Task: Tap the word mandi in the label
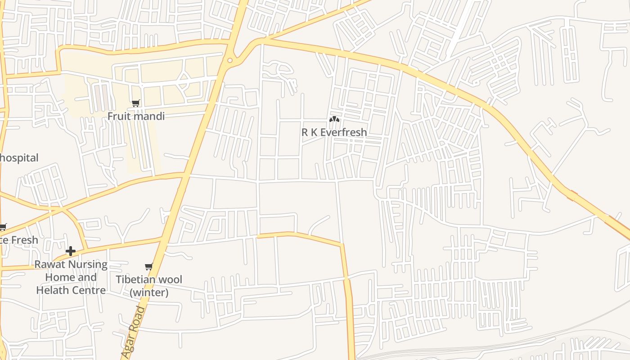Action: [x=149, y=116]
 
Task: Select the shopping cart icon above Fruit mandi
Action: [x=135, y=103]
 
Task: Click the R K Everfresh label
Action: [x=334, y=132]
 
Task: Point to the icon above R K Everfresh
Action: [x=334, y=119]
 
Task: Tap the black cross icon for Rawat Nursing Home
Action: [x=71, y=251]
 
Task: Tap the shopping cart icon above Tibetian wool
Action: [x=148, y=267]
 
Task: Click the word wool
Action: [x=171, y=279]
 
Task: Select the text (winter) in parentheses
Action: [x=149, y=292]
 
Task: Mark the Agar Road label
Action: [x=134, y=332]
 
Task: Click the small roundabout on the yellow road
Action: [x=230, y=60]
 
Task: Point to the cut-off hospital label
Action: [x=19, y=158]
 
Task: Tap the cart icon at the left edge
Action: [x=3, y=227]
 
